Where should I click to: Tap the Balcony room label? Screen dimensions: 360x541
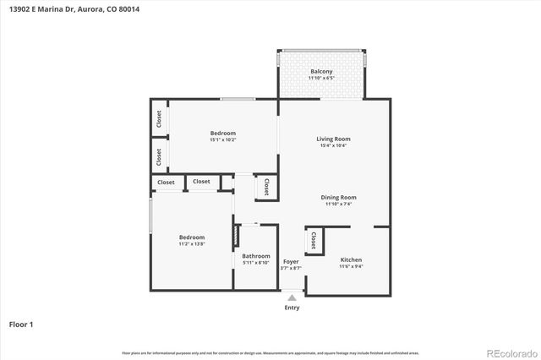click(x=320, y=71)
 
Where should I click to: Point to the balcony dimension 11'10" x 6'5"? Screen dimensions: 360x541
click(x=320, y=78)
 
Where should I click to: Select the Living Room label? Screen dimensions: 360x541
click(x=333, y=139)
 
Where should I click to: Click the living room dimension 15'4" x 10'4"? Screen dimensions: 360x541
click(x=333, y=145)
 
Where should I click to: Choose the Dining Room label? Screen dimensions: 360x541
click(x=338, y=197)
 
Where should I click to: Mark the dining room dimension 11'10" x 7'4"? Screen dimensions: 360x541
click(x=338, y=204)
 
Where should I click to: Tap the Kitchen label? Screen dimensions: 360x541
click(x=352, y=259)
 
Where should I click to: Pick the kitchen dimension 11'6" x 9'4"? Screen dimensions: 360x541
click(x=352, y=266)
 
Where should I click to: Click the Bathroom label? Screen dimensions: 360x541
click(x=255, y=256)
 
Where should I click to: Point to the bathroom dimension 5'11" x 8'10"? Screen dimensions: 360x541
click(x=255, y=263)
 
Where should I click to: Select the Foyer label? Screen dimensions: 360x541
click(x=291, y=261)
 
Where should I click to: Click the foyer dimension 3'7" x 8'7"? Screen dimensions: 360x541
click(x=291, y=268)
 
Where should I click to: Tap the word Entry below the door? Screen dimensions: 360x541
click(x=292, y=308)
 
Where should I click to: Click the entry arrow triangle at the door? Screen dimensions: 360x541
click(x=292, y=297)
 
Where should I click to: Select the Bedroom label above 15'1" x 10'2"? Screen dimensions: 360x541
click(x=222, y=133)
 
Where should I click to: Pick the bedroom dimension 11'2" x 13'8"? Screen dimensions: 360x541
click(x=191, y=244)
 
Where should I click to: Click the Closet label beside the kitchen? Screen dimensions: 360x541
click(x=314, y=242)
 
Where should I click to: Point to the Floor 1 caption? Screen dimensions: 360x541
click(x=20, y=324)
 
